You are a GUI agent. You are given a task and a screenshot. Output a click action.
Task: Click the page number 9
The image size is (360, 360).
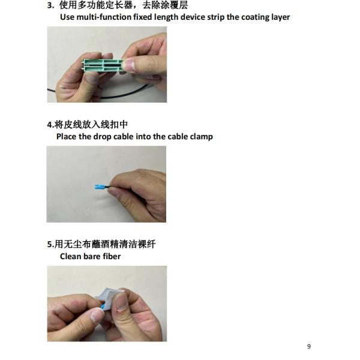click(309, 346)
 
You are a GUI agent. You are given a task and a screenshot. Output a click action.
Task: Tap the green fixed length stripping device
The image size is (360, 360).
click(103, 65)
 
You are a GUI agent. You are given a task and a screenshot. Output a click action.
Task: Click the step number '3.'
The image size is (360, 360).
click(51, 5)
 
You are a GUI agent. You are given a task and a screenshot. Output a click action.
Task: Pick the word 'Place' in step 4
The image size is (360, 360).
click(67, 136)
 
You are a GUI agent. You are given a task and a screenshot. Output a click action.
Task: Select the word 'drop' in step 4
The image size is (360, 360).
click(103, 137)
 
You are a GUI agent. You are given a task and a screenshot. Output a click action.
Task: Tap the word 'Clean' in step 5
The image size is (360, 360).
click(70, 256)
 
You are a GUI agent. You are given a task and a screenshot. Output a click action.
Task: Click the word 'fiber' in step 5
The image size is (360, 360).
click(112, 256)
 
